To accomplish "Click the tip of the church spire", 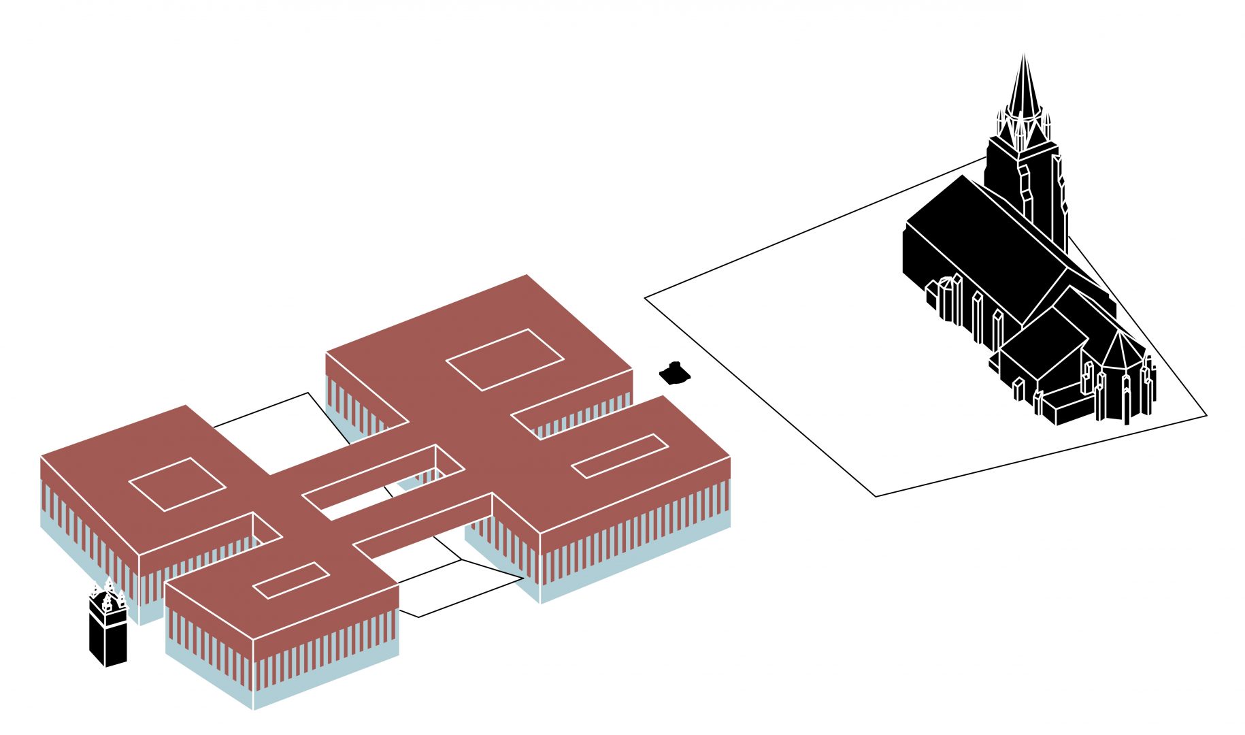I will pos(1023,56).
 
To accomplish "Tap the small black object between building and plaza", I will pos(674,372).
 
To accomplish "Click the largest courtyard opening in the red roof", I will pos(505,359).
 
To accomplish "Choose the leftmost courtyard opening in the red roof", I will pos(177,484).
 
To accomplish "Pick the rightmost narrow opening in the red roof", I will pos(620,455).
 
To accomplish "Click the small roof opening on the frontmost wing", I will pos(291,581).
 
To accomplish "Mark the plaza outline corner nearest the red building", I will pos(645,297).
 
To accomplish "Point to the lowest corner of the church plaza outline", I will pos(876,496).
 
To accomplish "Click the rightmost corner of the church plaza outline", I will pos(1206,415).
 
